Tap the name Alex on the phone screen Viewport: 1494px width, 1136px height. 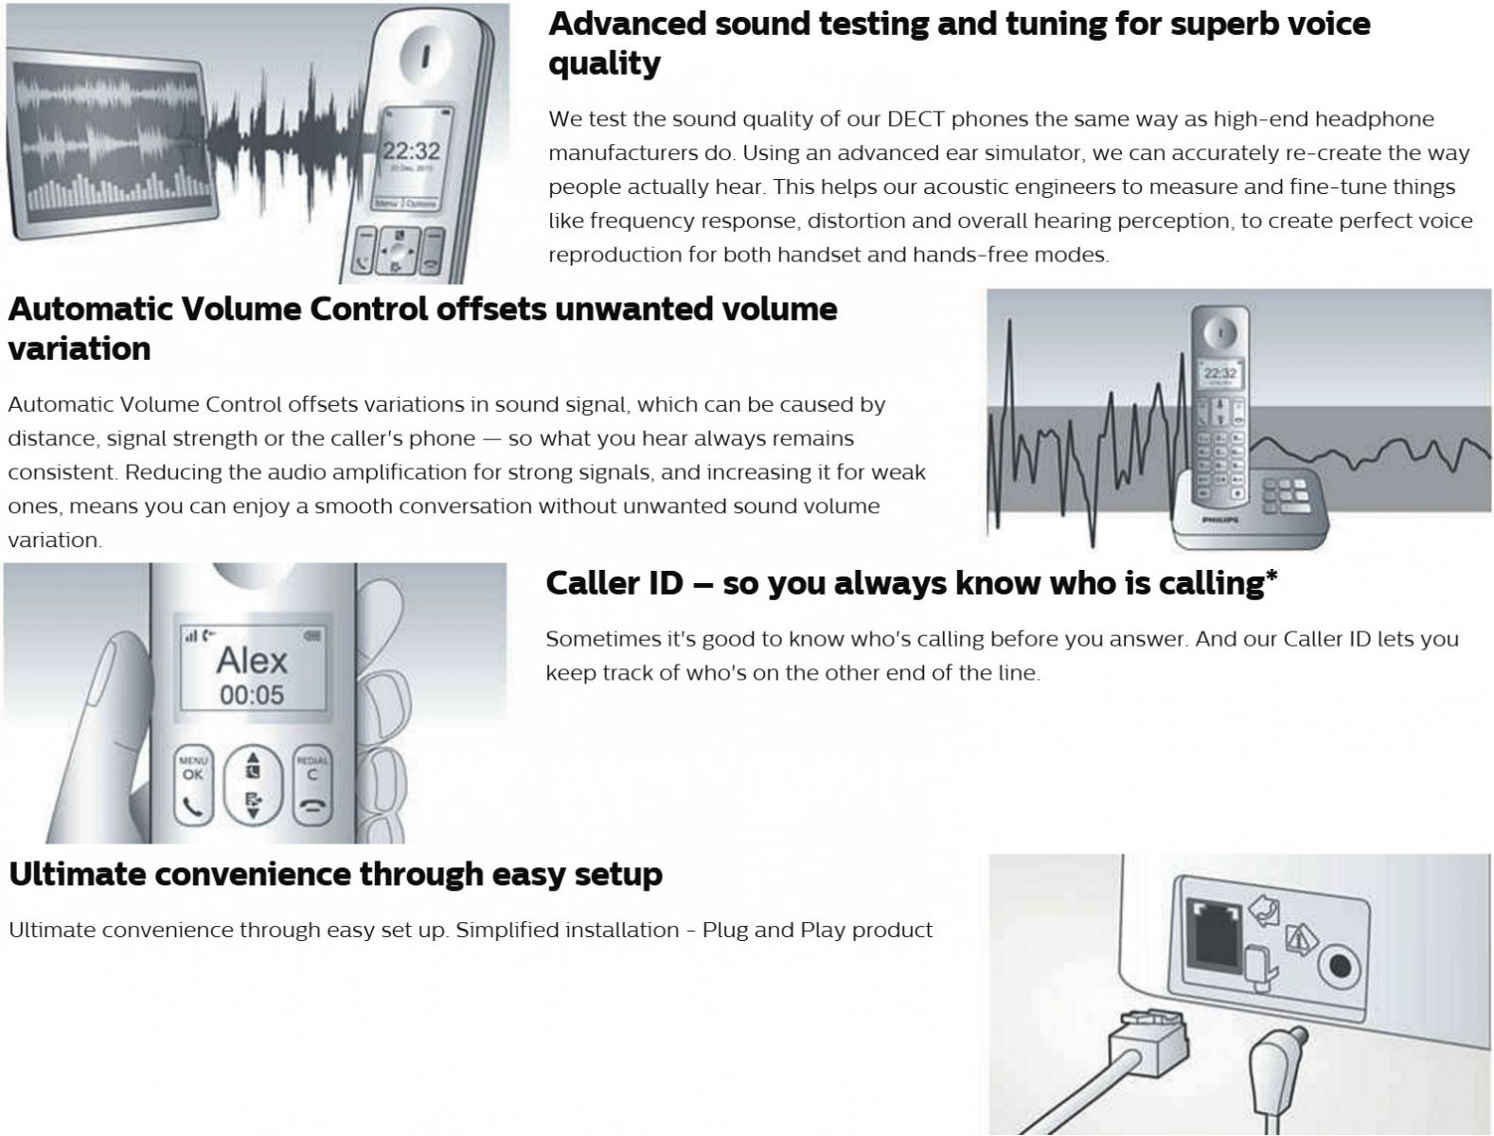click(x=252, y=661)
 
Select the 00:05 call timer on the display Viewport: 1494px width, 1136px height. click(x=252, y=695)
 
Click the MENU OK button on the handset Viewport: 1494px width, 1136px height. click(x=193, y=785)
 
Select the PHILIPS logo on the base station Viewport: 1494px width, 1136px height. click(x=1220, y=520)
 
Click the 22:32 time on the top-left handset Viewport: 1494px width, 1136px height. click(x=411, y=151)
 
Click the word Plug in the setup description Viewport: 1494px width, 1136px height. click(x=725, y=931)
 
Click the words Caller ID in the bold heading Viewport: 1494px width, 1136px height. click(x=614, y=584)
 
